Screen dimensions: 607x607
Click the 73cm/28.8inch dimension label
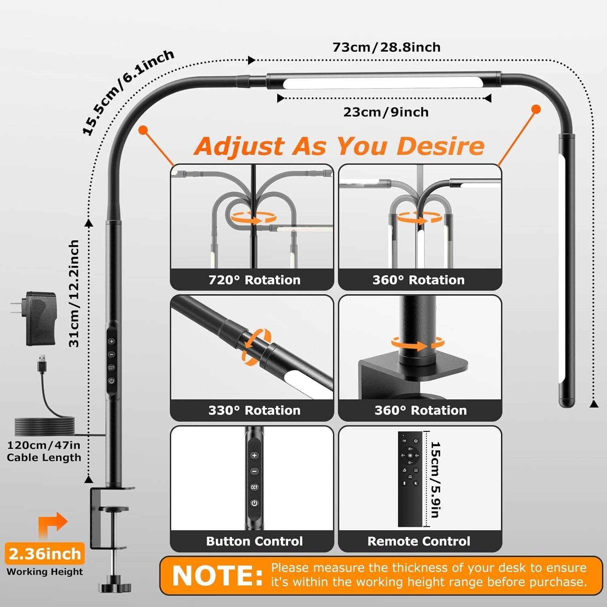pos(386,47)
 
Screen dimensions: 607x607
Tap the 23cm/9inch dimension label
pos(386,112)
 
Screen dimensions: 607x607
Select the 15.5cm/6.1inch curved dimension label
pos(128,92)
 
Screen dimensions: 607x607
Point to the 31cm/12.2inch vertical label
pos(74,293)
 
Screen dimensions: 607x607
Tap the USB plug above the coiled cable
pos(41,363)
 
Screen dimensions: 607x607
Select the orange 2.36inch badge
pos(45,554)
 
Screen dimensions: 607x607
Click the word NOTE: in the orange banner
pos(217,575)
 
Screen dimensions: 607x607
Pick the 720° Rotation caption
pos(255,280)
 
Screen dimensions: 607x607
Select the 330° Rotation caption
pos(255,410)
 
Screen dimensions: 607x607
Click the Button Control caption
pos(255,541)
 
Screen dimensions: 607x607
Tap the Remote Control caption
pos(419,541)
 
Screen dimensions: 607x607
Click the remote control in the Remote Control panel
pos(410,479)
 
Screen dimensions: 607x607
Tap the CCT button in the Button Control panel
pos(254,487)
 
